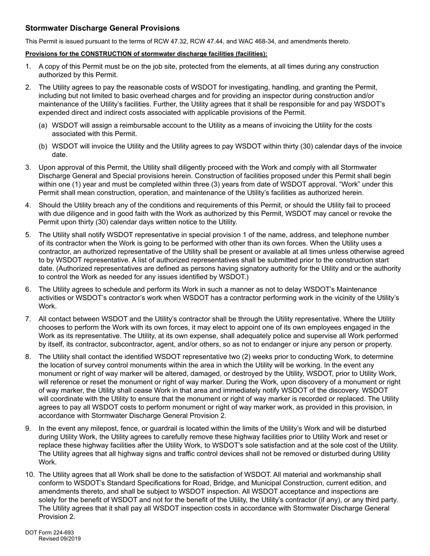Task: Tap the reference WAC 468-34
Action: click(x=256, y=42)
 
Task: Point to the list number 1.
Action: click(x=28, y=66)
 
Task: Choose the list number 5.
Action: click(x=28, y=235)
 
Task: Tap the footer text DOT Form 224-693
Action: click(x=49, y=532)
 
